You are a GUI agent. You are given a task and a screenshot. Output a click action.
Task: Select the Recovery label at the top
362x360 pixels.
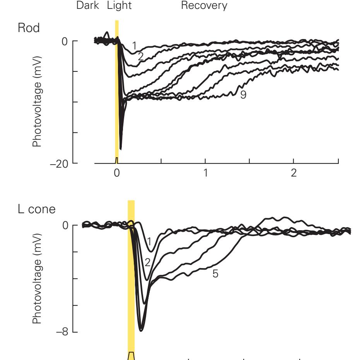click(x=207, y=6)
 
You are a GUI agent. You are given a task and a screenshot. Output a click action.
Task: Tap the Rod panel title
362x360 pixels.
click(x=29, y=29)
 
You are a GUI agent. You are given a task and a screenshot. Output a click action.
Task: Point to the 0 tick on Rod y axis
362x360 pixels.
click(x=65, y=41)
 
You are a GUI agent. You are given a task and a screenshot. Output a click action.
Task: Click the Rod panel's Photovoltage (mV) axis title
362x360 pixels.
click(x=37, y=102)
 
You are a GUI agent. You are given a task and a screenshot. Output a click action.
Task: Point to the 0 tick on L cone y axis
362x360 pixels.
click(x=65, y=225)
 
